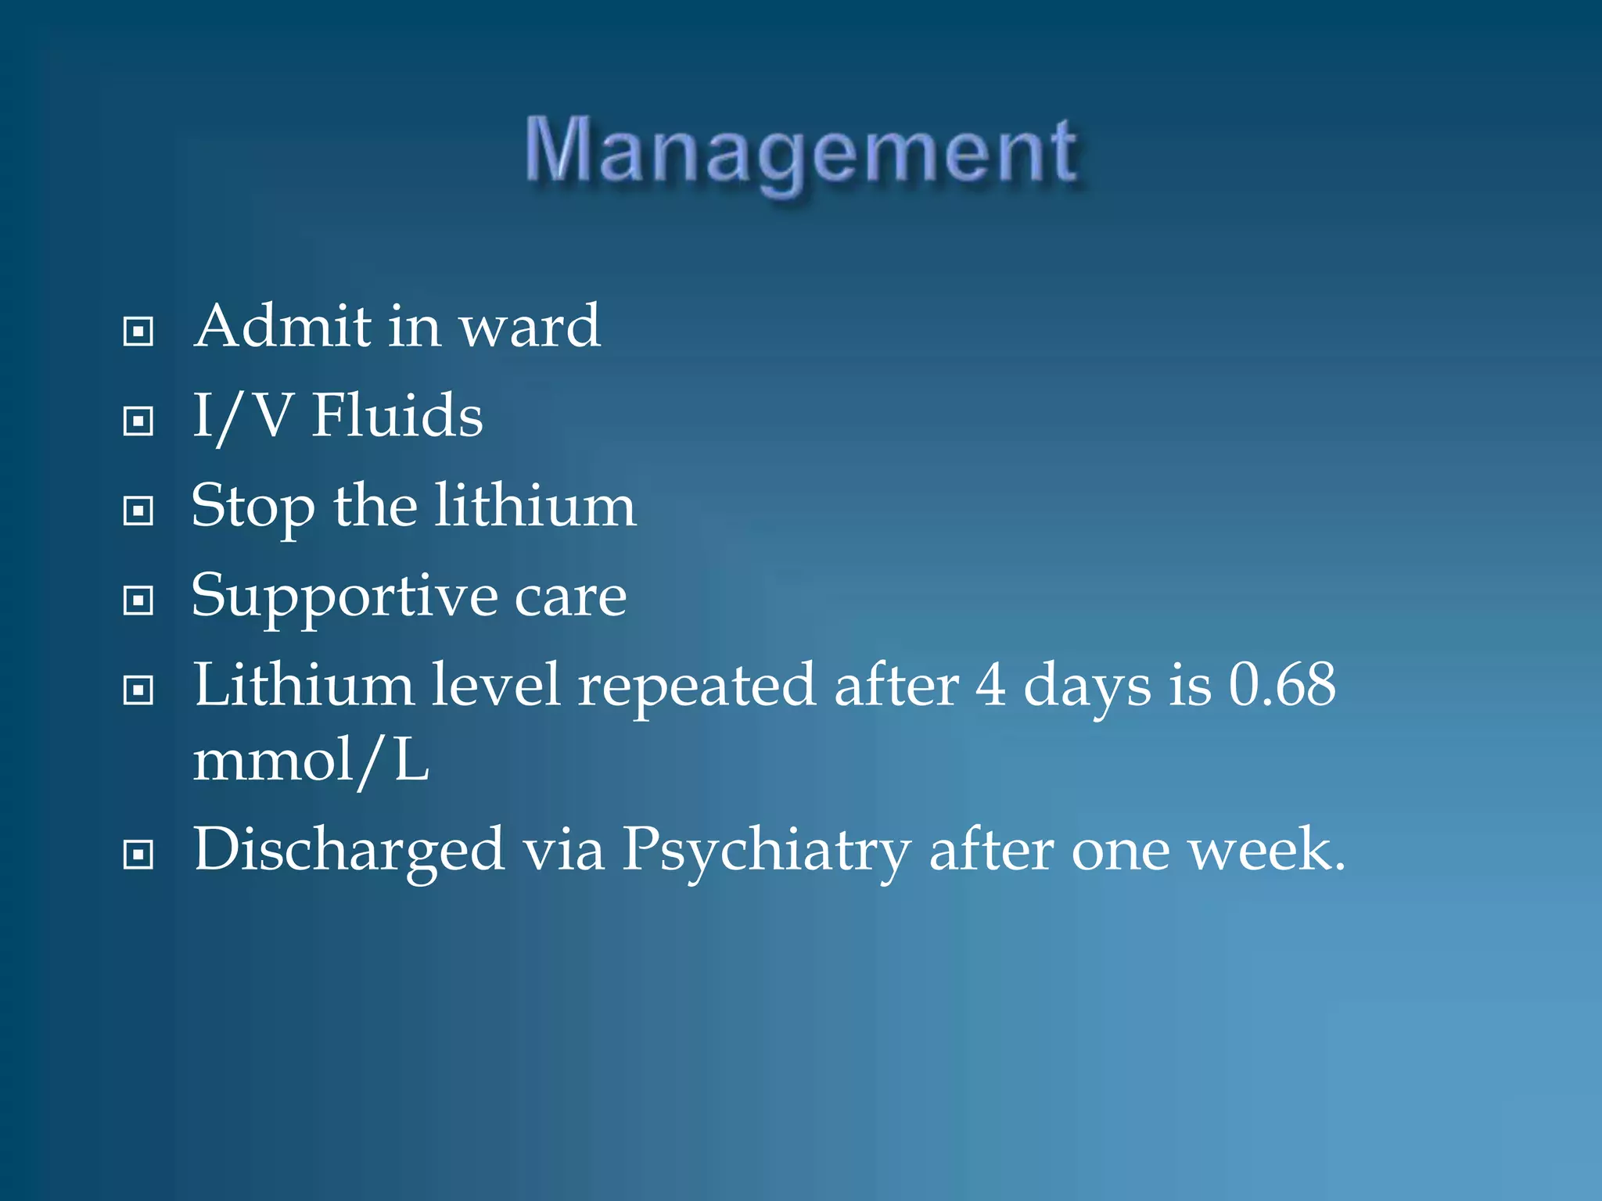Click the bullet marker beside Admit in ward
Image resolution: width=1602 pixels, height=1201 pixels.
point(138,332)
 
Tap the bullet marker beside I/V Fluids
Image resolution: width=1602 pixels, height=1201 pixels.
point(138,421)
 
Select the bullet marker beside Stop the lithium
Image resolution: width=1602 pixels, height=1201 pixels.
point(138,511)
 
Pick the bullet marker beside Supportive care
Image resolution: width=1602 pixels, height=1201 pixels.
point(138,600)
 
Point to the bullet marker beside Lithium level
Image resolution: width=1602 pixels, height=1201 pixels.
point(138,690)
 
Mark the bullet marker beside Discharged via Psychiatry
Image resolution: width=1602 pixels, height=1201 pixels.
point(138,855)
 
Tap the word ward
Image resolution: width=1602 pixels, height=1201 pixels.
point(530,327)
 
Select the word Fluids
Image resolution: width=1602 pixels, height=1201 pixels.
point(397,415)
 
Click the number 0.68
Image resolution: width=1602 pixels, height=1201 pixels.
point(1282,685)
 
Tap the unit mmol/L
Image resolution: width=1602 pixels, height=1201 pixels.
point(311,761)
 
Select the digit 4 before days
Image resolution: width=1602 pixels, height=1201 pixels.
point(990,685)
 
